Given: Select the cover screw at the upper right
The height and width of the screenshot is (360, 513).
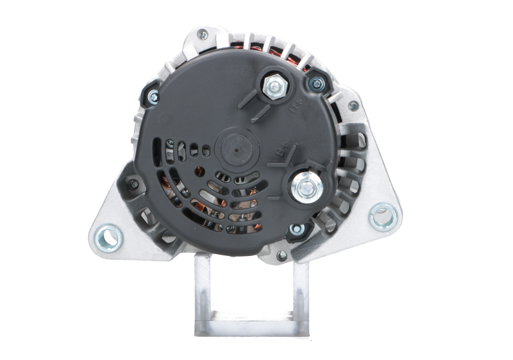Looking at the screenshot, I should click(x=316, y=84).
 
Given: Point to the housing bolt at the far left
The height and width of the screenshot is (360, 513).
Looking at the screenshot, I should click(x=133, y=186).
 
